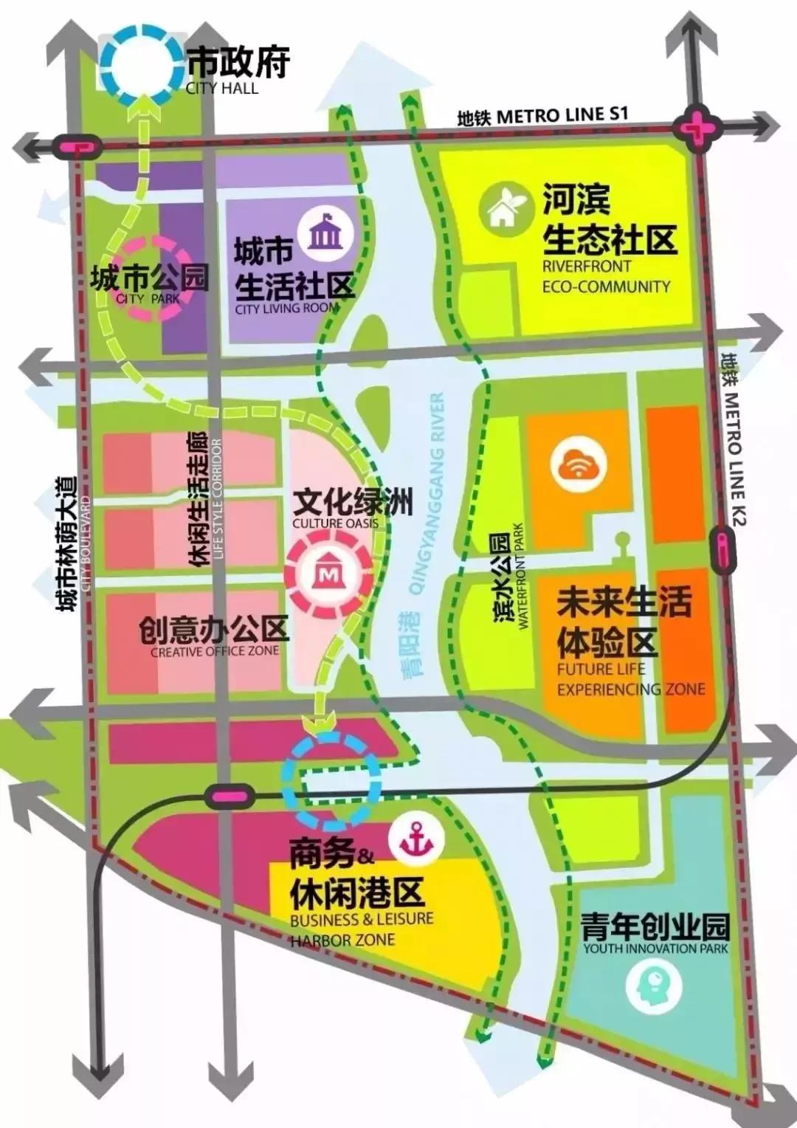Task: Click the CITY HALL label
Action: click(x=222, y=88)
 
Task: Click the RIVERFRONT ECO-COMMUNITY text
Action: click(x=606, y=276)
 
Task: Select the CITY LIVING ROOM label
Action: click(x=287, y=308)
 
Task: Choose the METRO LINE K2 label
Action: click(x=735, y=443)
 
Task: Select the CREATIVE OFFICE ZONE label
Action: click(x=215, y=651)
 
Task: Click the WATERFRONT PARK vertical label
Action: click(x=520, y=577)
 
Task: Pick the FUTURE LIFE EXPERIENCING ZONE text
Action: click(x=630, y=679)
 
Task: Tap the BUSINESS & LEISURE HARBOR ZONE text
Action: click(x=362, y=929)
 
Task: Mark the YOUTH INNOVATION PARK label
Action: click(x=655, y=949)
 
